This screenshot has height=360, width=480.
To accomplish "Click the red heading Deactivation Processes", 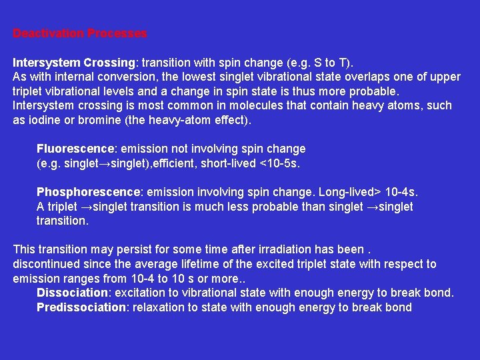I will pyautogui.click(x=80, y=33).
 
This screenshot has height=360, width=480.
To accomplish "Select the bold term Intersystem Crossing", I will pyautogui.click(x=73, y=63).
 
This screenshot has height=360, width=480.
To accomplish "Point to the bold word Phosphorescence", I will pyautogui.click(x=79, y=192).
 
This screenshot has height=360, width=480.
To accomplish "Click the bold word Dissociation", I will pyautogui.click(x=72, y=293).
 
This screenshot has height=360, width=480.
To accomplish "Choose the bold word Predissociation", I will pyautogui.click(x=81, y=307).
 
